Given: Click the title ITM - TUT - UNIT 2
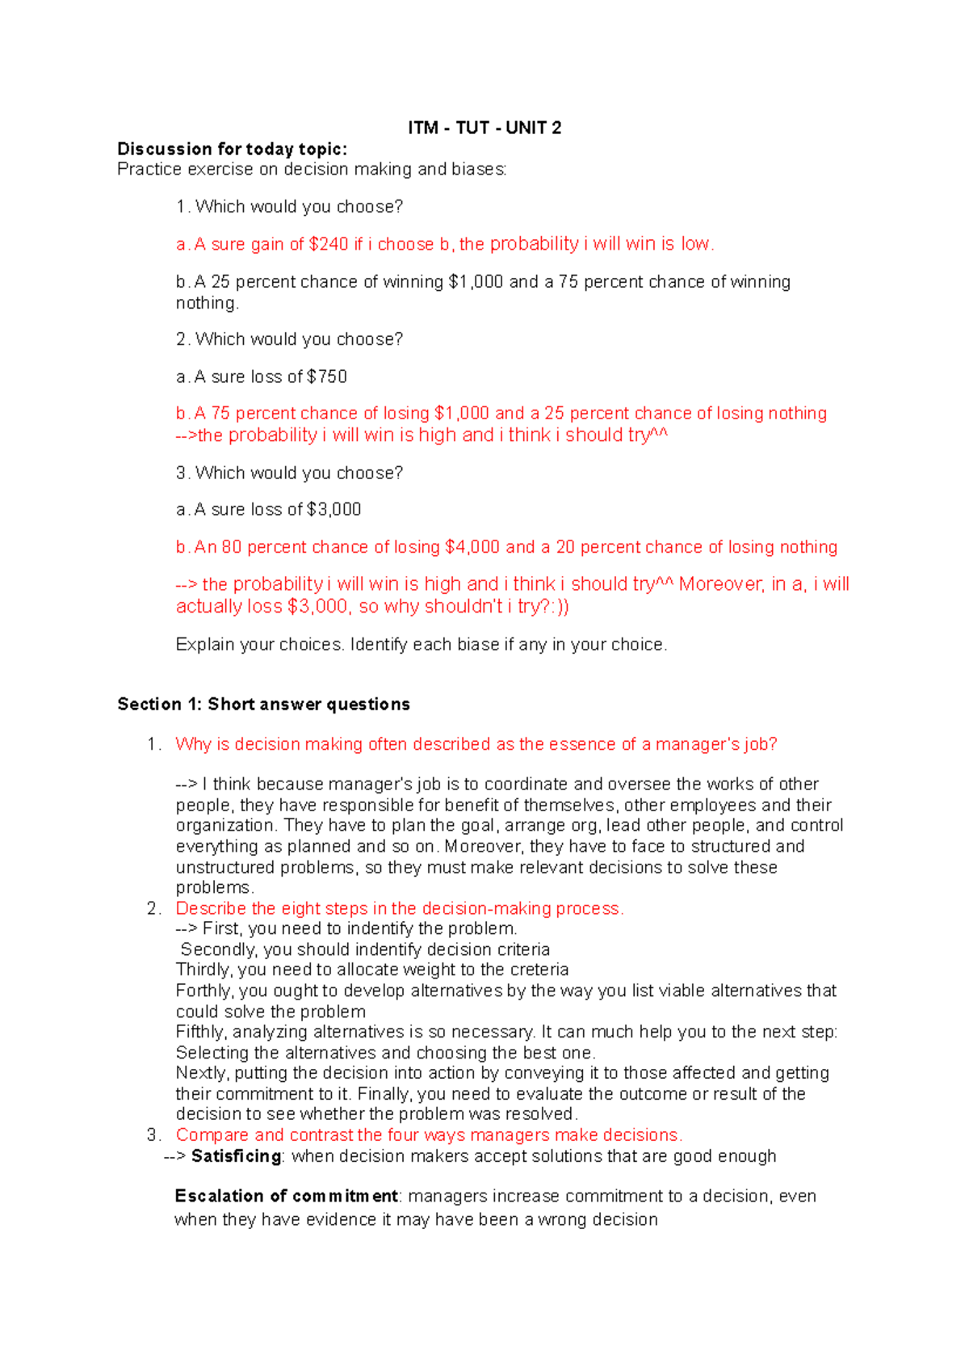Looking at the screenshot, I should coord(484,128).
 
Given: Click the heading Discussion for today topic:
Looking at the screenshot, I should coord(232,149).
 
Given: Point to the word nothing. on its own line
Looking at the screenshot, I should coord(208,303).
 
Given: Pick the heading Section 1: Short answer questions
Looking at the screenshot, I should coord(263,704).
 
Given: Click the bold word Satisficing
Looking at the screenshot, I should coord(236,1156).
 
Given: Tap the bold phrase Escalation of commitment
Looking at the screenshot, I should coord(286,1196).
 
